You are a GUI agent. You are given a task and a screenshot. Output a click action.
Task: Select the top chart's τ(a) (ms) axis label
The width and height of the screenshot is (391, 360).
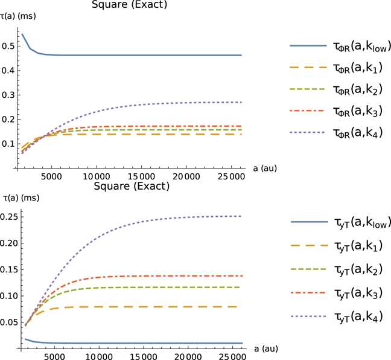pos(19,17)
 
